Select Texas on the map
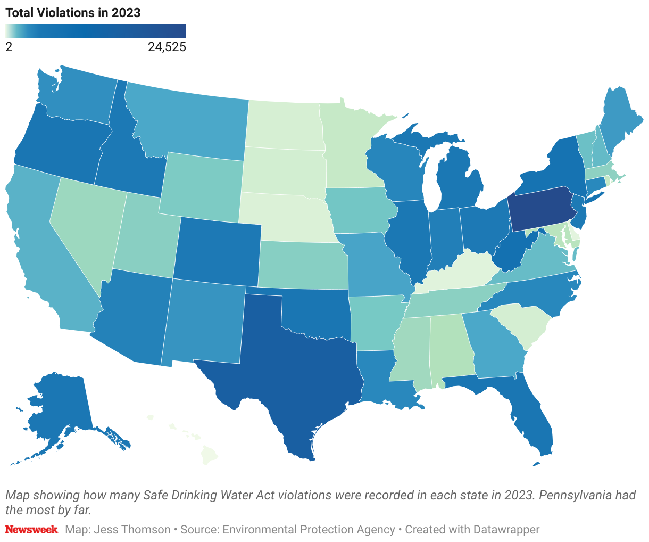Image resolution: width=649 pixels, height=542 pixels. (298, 367)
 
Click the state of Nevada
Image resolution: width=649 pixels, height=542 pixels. (85, 234)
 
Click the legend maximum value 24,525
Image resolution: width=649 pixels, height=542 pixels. (167, 47)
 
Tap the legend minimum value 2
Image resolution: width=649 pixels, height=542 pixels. (9, 47)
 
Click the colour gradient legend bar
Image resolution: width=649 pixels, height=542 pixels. (96, 31)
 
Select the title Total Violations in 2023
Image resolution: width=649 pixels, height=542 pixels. (73, 13)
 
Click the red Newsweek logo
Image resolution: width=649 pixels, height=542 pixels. (31, 530)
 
